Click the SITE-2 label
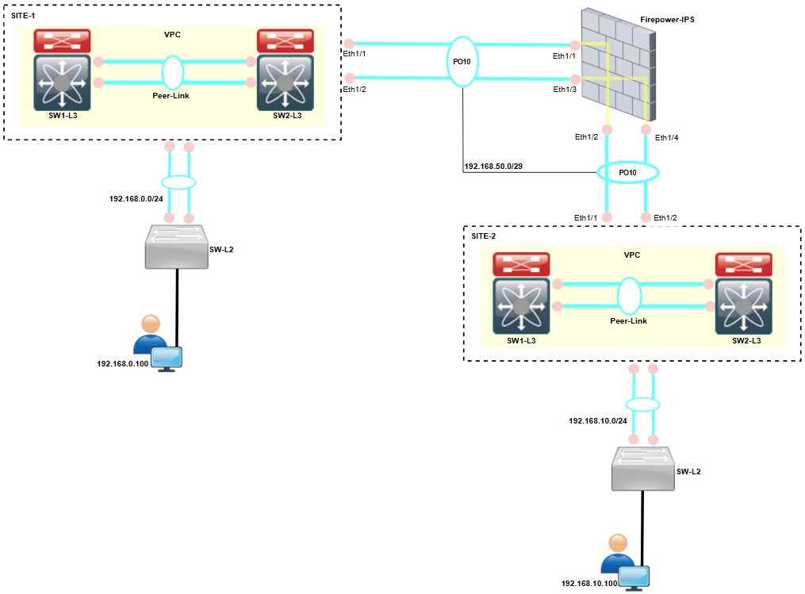click(485, 236)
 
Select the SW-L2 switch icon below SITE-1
click(175, 245)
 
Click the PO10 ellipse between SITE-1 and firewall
click(463, 60)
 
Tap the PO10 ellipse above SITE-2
click(627, 172)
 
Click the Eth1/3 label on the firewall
click(565, 90)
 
